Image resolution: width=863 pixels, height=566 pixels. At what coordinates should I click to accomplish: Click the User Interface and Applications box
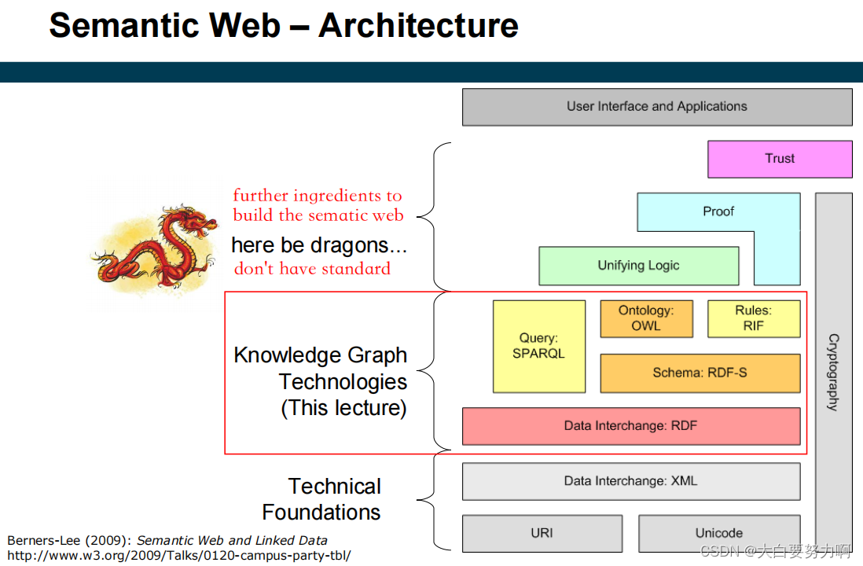click(657, 107)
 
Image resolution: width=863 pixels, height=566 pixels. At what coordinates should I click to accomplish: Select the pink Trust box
click(780, 159)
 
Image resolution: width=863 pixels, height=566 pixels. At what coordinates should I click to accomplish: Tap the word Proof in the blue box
click(718, 211)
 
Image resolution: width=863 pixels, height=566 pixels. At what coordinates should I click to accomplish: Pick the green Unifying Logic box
click(638, 266)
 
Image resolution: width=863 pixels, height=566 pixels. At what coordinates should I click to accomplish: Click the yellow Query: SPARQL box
click(538, 346)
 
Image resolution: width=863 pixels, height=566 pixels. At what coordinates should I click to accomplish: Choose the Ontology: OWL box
click(646, 318)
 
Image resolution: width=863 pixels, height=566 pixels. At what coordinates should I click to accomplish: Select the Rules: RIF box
click(754, 318)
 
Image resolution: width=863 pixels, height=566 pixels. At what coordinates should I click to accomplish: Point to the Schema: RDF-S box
click(700, 373)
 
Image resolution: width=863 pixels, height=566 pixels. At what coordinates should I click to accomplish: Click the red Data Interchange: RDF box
click(630, 426)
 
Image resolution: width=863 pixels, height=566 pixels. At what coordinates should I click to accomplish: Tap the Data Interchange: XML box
click(630, 481)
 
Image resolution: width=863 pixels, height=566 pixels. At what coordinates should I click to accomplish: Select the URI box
click(542, 533)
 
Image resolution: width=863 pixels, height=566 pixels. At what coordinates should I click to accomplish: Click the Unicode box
click(718, 533)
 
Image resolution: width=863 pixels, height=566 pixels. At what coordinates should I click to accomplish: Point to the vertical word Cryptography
click(833, 372)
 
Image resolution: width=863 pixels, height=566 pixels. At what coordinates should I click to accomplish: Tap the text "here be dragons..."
click(319, 245)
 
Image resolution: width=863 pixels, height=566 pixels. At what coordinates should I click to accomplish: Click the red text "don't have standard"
click(312, 269)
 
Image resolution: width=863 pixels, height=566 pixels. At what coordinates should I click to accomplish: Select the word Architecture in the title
click(418, 26)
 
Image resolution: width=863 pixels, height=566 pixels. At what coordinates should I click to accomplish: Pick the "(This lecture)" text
click(343, 409)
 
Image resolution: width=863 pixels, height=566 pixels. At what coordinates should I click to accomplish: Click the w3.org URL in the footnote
click(179, 554)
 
